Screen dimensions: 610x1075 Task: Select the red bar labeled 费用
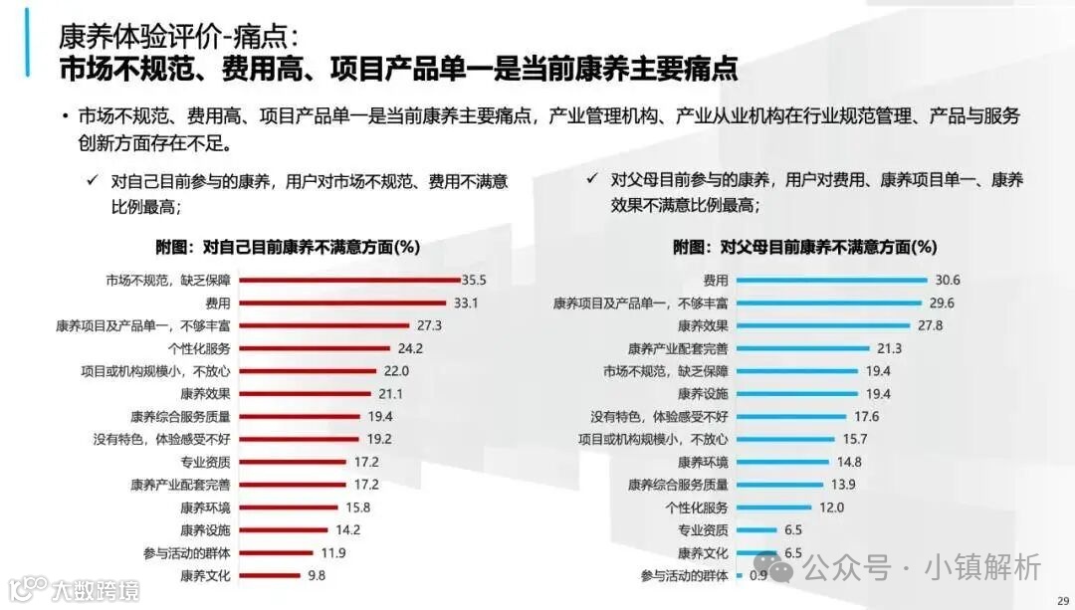341,303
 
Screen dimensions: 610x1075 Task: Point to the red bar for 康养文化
270,575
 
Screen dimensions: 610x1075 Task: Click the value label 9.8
316,575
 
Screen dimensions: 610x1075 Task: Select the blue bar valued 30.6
831,280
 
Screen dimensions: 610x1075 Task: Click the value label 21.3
891,348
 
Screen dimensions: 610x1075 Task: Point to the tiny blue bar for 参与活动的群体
739,575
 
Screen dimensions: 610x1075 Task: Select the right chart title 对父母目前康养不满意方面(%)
804,246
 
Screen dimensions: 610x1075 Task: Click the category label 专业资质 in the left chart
205,462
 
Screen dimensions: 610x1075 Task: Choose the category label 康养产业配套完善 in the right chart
678,348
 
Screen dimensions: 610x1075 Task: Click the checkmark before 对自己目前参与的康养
92,181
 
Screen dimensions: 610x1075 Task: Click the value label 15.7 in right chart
855,439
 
